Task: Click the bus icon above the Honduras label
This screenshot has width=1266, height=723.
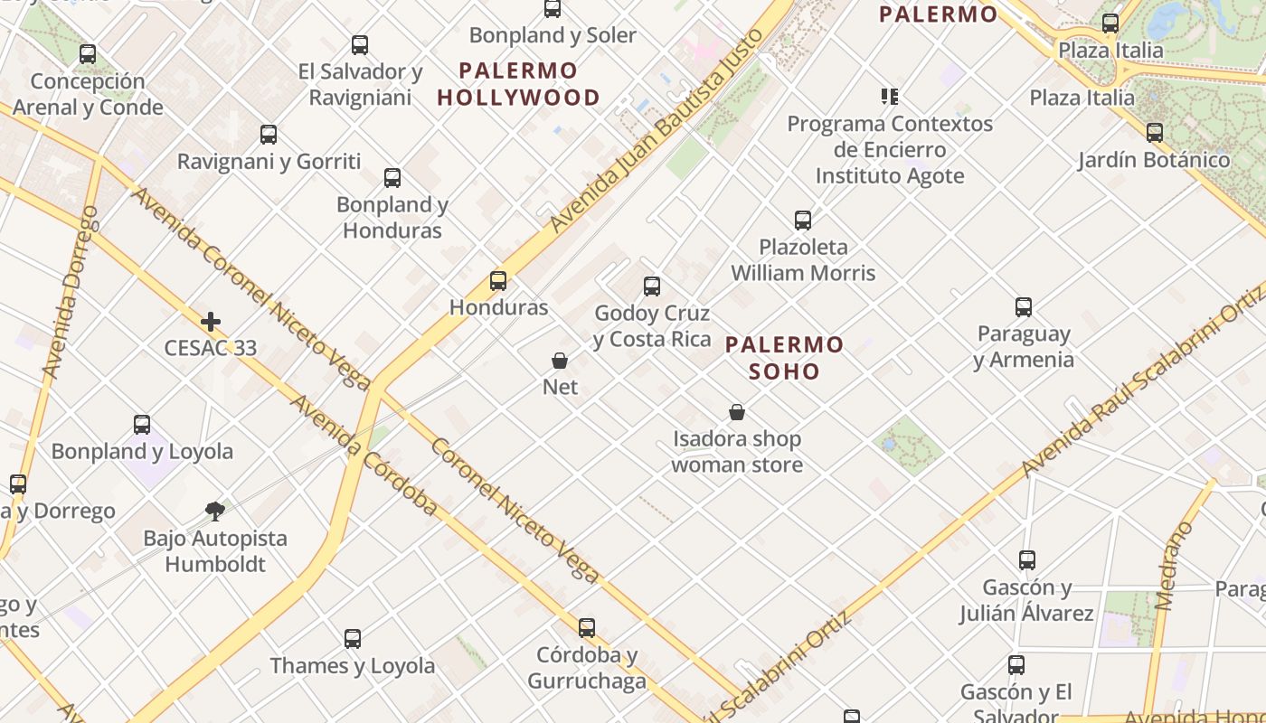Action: pos(497,281)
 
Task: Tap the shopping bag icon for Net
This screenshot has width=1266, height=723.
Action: pos(560,361)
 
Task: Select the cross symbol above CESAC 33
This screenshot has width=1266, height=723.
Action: pos(211,322)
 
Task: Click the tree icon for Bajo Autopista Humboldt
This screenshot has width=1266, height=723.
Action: pos(215,512)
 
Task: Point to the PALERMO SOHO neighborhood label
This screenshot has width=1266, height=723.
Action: pos(784,358)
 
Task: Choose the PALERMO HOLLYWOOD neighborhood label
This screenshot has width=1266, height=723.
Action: pos(518,84)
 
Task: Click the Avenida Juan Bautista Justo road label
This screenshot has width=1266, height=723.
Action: pos(657,128)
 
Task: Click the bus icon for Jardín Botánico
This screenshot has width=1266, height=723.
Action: pos(1154,133)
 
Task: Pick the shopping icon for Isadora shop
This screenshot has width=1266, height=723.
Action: pos(737,413)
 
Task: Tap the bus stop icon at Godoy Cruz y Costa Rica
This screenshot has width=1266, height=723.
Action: pos(651,286)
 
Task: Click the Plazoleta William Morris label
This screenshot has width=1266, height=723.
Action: pos(803,259)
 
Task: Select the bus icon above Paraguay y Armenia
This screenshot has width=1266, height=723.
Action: pos(1023,307)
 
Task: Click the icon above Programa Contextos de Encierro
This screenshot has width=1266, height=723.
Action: pos(890,97)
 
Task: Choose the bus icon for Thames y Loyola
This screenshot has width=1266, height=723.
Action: pos(353,639)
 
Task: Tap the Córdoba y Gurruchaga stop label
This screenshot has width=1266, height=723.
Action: pos(587,668)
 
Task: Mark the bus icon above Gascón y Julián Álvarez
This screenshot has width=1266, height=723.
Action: pos(1026,560)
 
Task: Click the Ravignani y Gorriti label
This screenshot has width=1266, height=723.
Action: pos(269,162)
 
